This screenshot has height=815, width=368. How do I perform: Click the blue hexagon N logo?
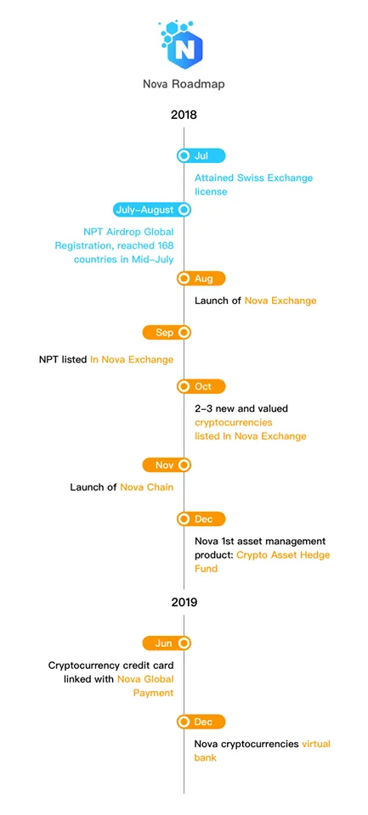[182, 46]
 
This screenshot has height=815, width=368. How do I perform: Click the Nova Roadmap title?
[184, 84]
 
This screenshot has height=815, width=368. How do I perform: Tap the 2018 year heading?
[184, 115]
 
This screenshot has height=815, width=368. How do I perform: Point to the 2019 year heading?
[184, 603]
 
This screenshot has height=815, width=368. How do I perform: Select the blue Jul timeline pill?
[201, 155]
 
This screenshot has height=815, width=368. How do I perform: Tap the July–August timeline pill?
[152, 210]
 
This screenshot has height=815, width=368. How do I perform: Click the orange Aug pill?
[201, 278]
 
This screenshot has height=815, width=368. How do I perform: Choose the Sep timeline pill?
[167, 333]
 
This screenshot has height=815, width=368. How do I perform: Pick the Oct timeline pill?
[201, 387]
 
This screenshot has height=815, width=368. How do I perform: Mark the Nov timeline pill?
[167, 464]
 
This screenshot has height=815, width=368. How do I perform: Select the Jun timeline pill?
[167, 644]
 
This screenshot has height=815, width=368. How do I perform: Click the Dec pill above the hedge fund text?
[201, 519]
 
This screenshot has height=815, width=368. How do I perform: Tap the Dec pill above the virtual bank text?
[201, 722]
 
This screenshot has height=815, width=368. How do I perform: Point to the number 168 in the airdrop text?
[164, 245]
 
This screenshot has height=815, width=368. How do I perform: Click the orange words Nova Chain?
[147, 487]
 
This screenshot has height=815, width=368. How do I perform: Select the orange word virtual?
[316, 744]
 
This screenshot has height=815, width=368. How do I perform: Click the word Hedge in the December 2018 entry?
[314, 554]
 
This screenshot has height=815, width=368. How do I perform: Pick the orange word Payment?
[153, 693]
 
